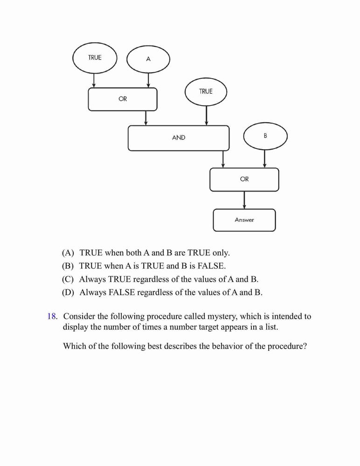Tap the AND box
pos(179,138)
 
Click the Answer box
pos(244,220)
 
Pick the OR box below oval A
pos(123,99)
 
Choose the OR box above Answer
pos(244,179)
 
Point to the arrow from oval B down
pos(264,159)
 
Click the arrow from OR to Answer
pos(244,200)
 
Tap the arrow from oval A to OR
pos(148,80)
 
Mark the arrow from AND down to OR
pos(223,159)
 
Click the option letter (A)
pos(68,253)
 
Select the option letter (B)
pos(68,266)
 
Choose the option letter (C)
pos(68,279)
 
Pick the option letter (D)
pos(68,293)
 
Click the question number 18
pos(52,316)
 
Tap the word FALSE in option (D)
pos(122,293)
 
